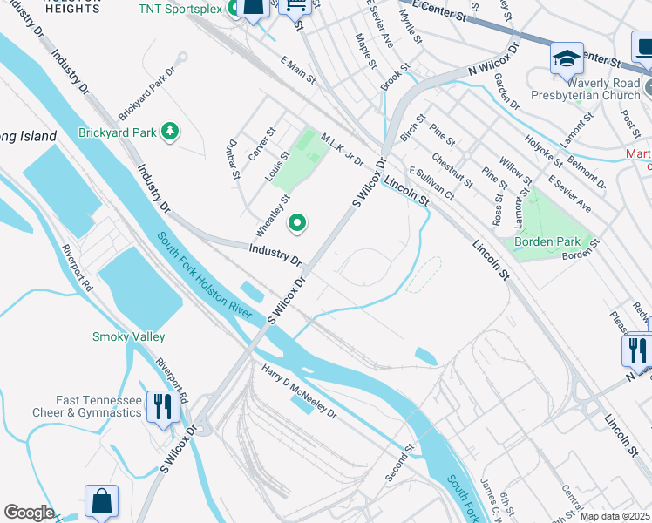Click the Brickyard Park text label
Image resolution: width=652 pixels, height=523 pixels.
(x=116, y=132)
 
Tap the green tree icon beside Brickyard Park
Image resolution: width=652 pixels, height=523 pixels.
(x=172, y=132)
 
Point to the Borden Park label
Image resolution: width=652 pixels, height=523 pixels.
(x=547, y=241)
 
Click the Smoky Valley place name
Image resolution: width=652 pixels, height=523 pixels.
(x=128, y=336)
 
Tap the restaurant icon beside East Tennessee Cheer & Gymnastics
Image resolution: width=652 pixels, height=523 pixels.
(x=163, y=407)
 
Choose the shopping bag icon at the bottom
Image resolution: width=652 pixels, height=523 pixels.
(x=101, y=501)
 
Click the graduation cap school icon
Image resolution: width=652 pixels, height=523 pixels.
(x=567, y=59)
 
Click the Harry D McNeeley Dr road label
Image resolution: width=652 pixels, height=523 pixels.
(x=299, y=390)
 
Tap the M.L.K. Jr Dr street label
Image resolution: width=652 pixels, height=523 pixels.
(x=341, y=151)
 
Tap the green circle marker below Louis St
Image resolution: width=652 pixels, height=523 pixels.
(x=297, y=224)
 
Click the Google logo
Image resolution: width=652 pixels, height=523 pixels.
(x=29, y=512)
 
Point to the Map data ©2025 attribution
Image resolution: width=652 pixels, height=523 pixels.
(x=615, y=516)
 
